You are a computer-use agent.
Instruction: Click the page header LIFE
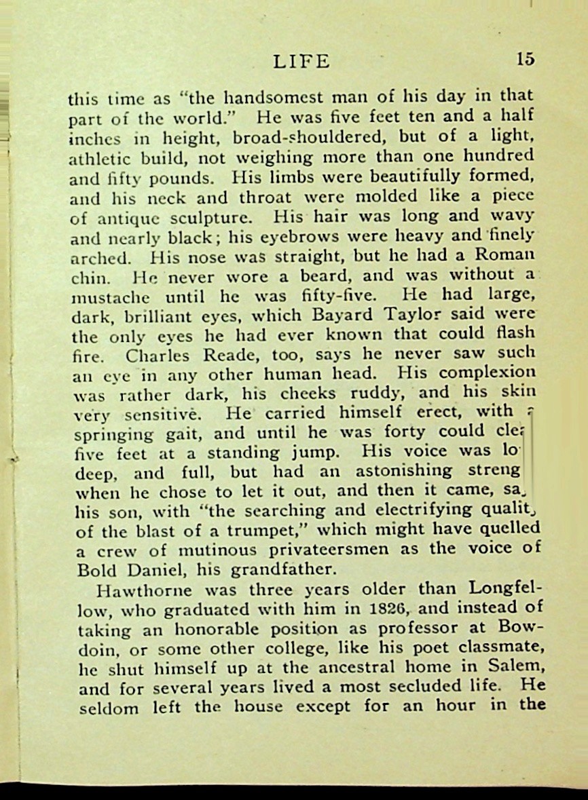[301, 62]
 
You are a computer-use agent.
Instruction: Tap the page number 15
[526, 59]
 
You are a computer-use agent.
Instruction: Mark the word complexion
[488, 373]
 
